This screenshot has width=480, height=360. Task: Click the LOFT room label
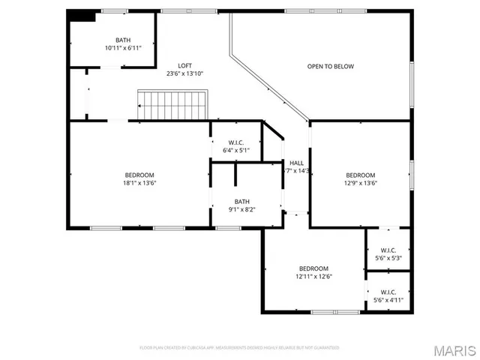click(x=184, y=66)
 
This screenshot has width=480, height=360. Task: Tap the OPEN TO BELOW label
click(x=330, y=67)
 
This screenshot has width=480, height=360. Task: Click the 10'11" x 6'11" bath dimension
click(x=123, y=48)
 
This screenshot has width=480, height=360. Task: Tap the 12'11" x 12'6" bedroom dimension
click(x=313, y=277)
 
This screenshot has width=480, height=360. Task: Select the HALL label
click(x=296, y=163)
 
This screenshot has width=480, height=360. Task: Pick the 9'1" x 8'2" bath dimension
click(x=241, y=210)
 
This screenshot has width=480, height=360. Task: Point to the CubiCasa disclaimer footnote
click(x=240, y=348)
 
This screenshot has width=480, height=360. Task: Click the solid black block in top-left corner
click(x=82, y=16)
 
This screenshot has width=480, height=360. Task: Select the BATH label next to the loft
click(x=123, y=40)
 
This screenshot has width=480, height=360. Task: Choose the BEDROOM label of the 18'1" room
click(x=140, y=175)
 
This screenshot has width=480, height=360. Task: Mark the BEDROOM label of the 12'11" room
click(x=313, y=268)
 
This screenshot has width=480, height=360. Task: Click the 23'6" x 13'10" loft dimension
click(x=184, y=73)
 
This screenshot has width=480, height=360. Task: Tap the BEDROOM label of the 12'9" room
click(x=360, y=175)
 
